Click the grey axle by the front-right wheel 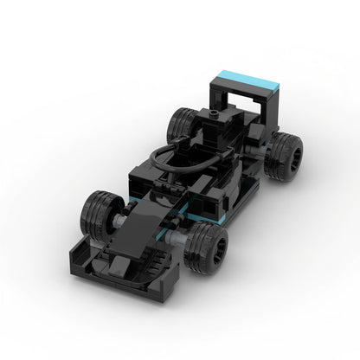(185, 232)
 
